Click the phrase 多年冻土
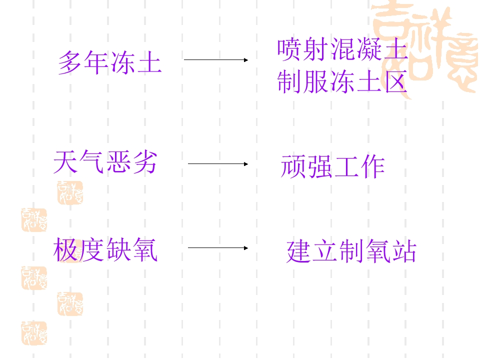[110, 62]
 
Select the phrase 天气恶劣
[105, 162]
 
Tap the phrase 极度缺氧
[105, 250]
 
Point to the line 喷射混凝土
[342, 49]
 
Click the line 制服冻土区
[342, 81]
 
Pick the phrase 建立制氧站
[351, 251]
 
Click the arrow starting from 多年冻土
[216, 60]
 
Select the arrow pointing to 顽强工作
[218, 164]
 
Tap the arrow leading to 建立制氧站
[218, 248]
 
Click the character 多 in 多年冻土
[70, 62]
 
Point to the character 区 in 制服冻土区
[396, 81]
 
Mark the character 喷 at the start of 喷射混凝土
[289, 49]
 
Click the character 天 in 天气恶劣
[65, 162]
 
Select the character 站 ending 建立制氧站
[405, 251]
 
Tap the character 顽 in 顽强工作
[293, 166]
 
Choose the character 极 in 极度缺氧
[65, 250]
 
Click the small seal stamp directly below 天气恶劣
[70, 192]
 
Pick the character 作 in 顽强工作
[373, 166]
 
